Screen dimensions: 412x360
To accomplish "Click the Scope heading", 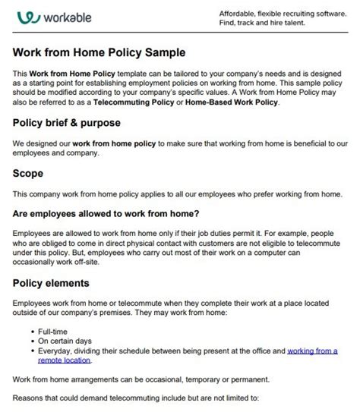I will click(27, 173).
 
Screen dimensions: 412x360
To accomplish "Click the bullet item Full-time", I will click(55, 332).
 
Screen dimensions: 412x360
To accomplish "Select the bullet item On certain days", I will click(66, 342).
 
